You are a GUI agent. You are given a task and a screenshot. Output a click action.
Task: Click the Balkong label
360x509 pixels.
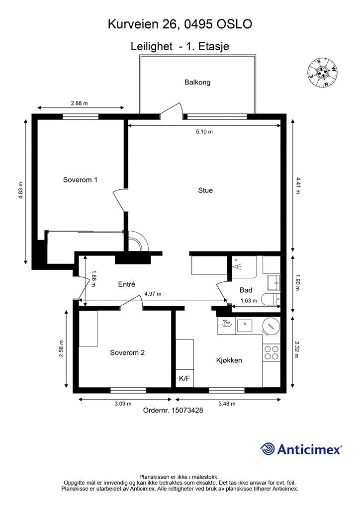197,82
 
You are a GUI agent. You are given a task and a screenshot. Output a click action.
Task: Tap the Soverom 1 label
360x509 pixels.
80,179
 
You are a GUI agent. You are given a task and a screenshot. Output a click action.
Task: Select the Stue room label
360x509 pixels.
205,190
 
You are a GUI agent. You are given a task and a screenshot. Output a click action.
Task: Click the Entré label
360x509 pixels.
126,284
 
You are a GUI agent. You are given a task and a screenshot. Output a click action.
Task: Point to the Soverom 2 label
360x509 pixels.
127,352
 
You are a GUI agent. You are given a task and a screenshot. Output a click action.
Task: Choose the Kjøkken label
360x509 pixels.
229,360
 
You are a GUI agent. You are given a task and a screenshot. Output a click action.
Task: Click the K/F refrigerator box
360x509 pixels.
184,378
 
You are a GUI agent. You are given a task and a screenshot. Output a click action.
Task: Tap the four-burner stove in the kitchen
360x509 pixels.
271,353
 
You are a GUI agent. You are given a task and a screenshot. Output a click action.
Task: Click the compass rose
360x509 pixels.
323,73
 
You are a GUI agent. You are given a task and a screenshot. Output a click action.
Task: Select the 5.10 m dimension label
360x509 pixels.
204,132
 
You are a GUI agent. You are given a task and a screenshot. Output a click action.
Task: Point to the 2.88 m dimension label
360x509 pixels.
80,103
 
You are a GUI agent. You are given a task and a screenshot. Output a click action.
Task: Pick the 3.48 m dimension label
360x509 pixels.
227,404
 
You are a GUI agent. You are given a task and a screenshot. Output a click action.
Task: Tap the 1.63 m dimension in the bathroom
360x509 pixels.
249,301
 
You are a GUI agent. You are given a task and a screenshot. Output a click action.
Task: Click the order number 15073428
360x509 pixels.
187,410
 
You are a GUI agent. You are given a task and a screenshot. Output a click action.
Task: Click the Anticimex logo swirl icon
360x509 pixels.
268,449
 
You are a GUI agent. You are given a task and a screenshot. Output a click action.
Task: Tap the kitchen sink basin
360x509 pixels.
245,326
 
